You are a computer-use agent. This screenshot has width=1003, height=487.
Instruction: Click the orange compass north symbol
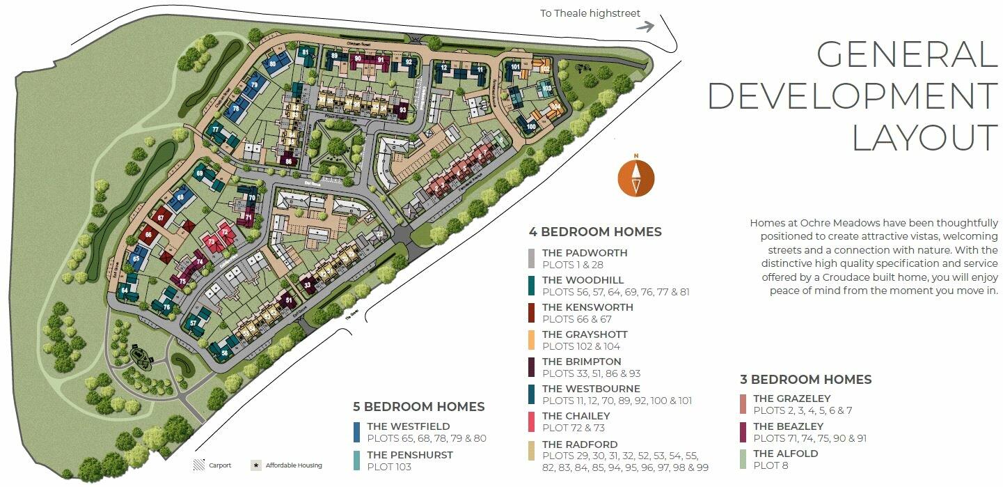click(x=635, y=177)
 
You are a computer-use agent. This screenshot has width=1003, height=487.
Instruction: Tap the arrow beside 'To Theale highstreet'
click(x=646, y=26)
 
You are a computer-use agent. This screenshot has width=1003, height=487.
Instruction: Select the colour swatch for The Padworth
click(x=531, y=258)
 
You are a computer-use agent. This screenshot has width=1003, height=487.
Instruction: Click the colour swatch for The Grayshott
click(x=531, y=340)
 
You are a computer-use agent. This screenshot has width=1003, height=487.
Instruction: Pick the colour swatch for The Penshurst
click(x=356, y=461)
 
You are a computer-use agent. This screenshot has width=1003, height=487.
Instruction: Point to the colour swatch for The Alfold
click(x=743, y=459)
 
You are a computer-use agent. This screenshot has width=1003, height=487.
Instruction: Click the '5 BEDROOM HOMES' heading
click(x=418, y=406)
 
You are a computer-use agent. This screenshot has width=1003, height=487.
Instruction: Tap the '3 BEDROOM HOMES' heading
click(x=805, y=380)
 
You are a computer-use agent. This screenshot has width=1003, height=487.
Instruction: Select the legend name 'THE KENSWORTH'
click(x=587, y=307)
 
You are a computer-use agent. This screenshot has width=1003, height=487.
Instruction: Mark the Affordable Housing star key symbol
click(x=256, y=465)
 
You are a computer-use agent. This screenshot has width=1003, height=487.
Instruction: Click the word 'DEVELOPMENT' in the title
click(x=853, y=95)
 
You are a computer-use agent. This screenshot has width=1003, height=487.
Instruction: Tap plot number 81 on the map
click(x=306, y=52)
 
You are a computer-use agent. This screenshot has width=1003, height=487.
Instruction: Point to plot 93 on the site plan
click(x=402, y=110)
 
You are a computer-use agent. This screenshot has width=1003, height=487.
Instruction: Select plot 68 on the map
click(x=181, y=198)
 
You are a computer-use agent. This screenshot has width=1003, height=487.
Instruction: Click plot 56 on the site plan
click(x=224, y=353)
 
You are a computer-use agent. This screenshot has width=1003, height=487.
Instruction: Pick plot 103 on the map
click(x=547, y=88)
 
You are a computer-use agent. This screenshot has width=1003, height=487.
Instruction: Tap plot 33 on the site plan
click(x=308, y=284)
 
